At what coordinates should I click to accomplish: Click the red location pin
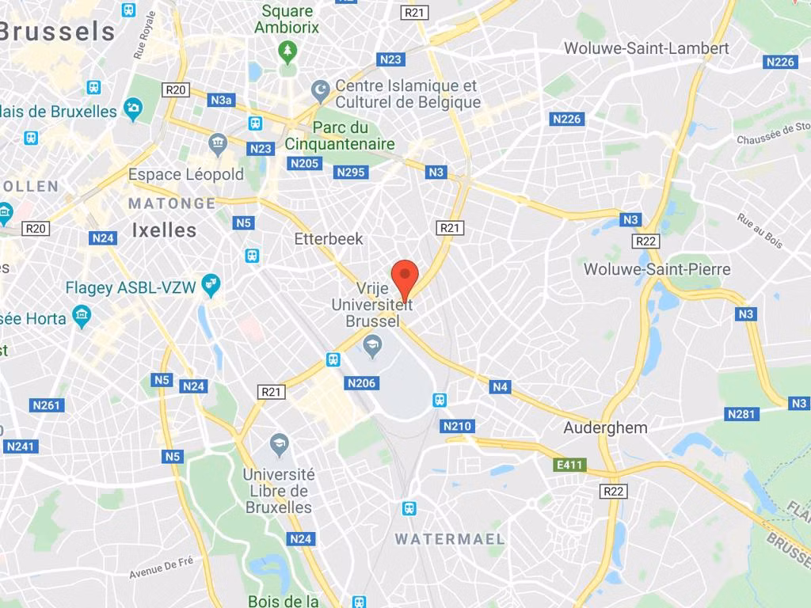point(405,277)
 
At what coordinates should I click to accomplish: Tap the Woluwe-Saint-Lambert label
point(646,48)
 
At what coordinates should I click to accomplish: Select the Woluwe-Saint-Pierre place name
point(657,269)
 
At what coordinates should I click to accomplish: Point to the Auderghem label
point(605,427)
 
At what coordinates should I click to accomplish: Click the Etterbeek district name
point(329,238)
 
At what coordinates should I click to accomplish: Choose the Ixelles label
point(164,230)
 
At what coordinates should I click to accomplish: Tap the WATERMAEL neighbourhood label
point(450,539)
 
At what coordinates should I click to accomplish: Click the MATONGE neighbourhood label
point(172,203)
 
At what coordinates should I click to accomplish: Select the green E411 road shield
point(570,465)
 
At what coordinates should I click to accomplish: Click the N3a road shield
point(222,100)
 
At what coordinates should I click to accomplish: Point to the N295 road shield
point(352,172)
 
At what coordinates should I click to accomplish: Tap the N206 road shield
point(361,383)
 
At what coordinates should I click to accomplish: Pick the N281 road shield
point(742,413)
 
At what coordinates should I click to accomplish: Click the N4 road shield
point(499,387)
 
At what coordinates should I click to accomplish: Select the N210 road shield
point(457,427)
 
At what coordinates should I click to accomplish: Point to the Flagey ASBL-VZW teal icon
point(211,285)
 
